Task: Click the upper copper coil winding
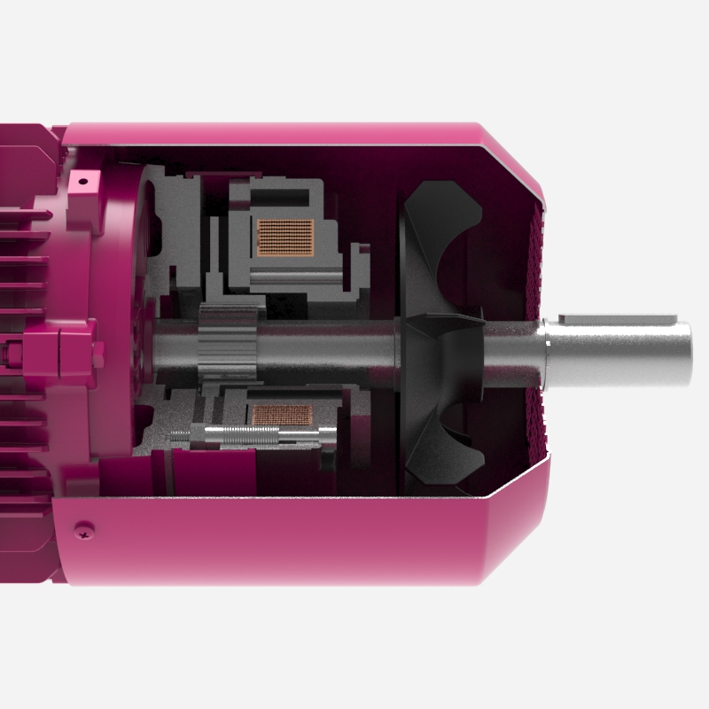click(x=284, y=236)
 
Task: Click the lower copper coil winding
click(x=283, y=414)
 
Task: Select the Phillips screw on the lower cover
click(x=85, y=529)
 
